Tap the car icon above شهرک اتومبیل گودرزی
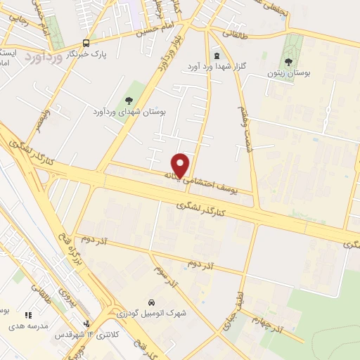tap(150, 303)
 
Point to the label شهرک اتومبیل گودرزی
tap(150, 314)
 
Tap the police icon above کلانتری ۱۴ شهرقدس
tap(86, 324)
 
